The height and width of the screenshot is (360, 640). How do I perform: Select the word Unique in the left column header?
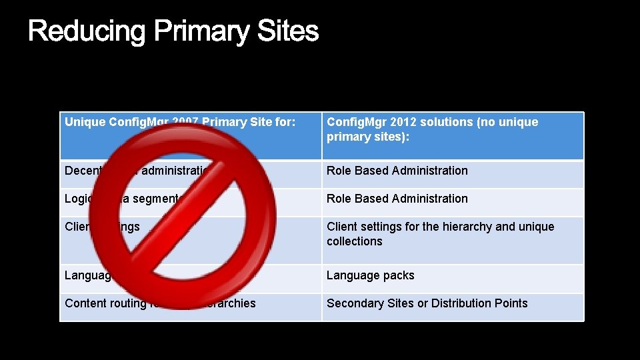[x=85, y=122]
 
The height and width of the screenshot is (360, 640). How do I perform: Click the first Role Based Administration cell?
[x=397, y=171]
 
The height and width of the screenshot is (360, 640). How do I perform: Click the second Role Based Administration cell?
[x=397, y=199]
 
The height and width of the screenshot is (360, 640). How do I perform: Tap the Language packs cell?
[x=370, y=275]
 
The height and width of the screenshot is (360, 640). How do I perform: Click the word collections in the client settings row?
[x=354, y=241]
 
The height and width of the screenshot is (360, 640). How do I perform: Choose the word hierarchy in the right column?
[x=468, y=227]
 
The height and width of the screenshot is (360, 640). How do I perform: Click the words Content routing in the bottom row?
[x=105, y=303]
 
